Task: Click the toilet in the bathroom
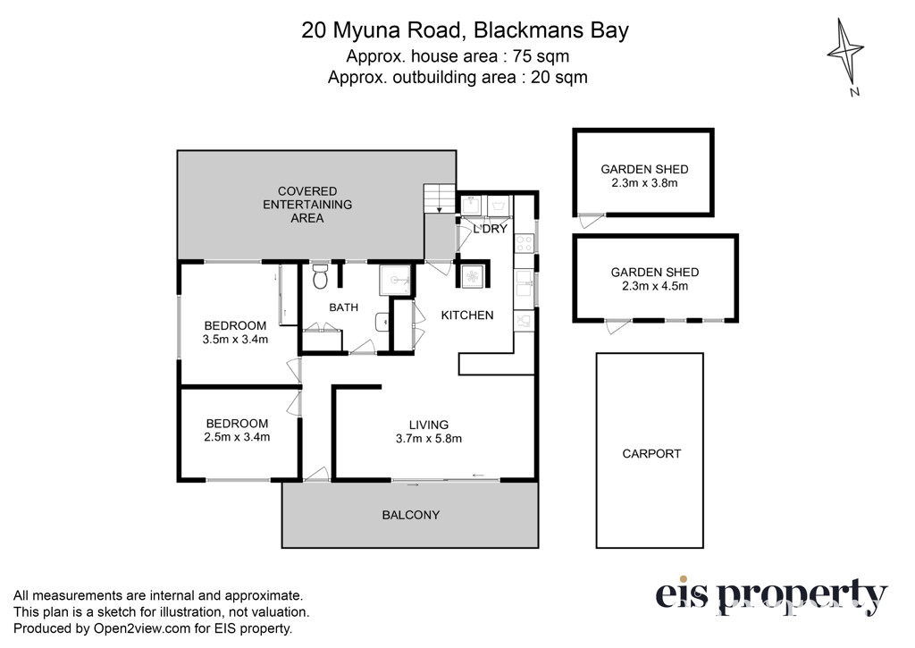[x=320, y=277]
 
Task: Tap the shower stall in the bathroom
[x=395, y=281]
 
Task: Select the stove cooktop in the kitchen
[x=524, y=243]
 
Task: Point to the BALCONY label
[x=411, y=515]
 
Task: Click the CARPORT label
[x=651, y=454]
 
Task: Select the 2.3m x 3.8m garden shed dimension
[x=644, y=182]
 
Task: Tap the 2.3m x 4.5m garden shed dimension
[x=655, y=286]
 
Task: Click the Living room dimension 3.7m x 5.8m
[x=429, y=439]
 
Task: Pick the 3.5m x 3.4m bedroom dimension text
[x=235, y=339]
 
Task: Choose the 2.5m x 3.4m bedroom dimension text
[x=237, y=437]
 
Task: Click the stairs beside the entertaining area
[x=440, y=198]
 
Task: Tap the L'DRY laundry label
[x=491, y=229]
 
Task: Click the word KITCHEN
[x=467, y=316]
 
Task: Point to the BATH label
[x=344, y=307]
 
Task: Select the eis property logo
[x=771, y=596]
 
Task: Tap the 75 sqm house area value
[x=541, y=56]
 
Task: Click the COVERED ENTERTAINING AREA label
[x=307, y=205]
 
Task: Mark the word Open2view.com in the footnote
[x=142, y=628]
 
